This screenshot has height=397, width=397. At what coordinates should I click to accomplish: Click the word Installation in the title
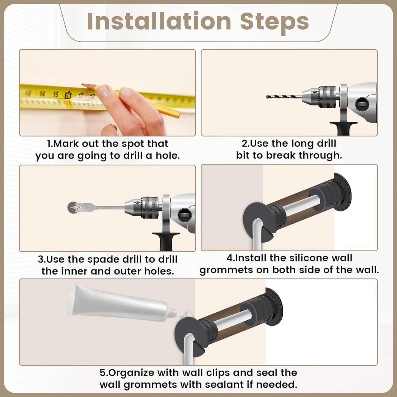tap(159, 21)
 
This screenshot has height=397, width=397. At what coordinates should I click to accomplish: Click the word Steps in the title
tap(274, 21)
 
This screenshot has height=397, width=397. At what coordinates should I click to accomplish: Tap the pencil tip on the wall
tap(83, 85)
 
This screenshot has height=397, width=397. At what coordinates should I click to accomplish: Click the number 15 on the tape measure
tap(55, 95)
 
